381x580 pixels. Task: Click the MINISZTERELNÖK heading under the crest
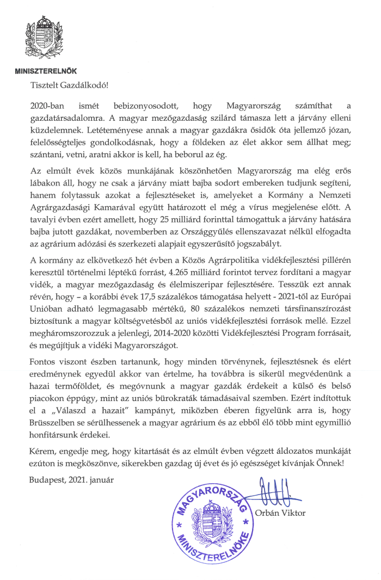[45, 71]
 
